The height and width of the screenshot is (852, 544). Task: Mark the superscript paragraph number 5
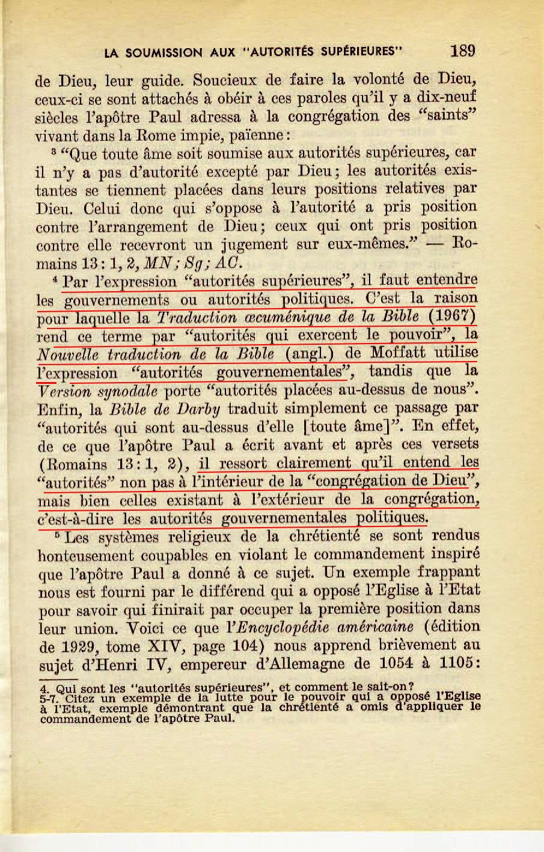coord(57,533)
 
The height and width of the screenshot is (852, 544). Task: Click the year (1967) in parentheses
coord(453,316)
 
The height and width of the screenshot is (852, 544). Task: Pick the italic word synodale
coord(127,391)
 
